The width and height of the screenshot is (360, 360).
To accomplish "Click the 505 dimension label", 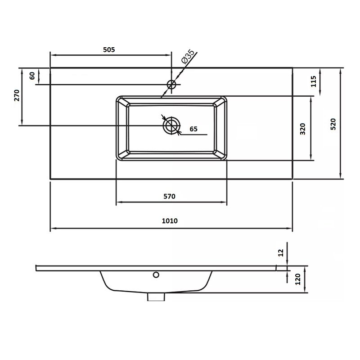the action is click(x=109, y=49).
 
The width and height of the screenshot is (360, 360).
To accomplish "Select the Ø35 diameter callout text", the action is click(x=188, y=57).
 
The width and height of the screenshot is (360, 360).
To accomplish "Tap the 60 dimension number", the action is click(x=32, y=76).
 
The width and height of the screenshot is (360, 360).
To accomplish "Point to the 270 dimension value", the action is click(x=17, y=95).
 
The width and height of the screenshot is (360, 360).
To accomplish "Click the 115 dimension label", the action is click(x=313, y=81).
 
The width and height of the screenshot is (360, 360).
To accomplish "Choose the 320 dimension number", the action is click(x=303, y=129).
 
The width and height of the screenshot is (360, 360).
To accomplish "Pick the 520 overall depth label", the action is click(x=333, y=124).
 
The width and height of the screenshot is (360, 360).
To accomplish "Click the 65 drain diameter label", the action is click(x=193, y=129).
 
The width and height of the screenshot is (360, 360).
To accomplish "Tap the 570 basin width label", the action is click(x=170, y=196).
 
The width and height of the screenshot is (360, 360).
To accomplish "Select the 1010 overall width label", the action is click(x=170, y=221).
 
